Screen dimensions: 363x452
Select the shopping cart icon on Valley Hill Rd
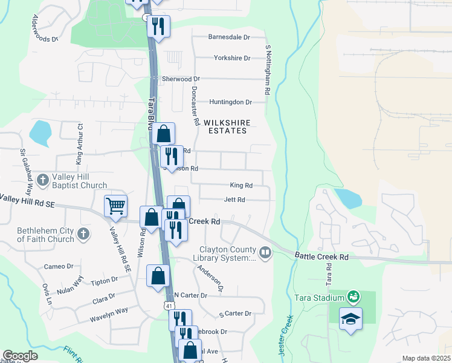115,206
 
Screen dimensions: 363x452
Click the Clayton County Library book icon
265,252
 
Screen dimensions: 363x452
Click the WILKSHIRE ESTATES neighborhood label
227,126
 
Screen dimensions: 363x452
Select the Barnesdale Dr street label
229,37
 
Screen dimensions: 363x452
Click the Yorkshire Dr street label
232,58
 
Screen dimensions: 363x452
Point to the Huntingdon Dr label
230,102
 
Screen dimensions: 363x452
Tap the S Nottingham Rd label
266,70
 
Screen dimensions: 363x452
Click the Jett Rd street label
234,200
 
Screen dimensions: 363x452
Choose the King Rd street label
241,185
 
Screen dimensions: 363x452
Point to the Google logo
20,356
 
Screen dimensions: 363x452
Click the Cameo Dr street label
59,266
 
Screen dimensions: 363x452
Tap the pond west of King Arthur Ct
40,132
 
